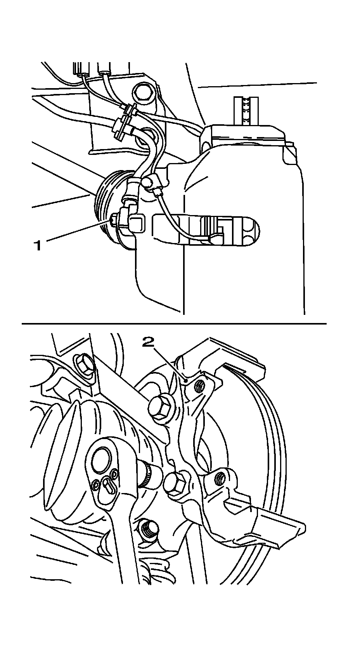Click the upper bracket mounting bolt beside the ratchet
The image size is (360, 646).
click(161, 409)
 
